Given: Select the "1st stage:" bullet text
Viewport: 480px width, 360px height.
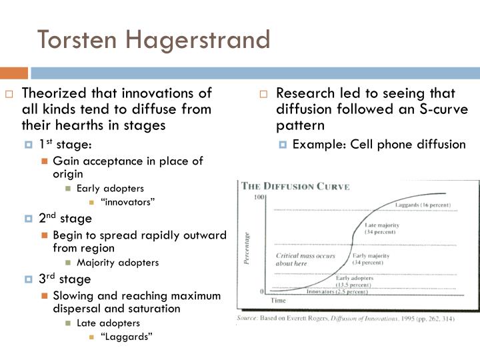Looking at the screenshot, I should point(65,145).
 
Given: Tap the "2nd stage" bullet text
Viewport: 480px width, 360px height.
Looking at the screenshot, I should point(65,218).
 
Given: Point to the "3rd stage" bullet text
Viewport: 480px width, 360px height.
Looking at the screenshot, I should point(65,278).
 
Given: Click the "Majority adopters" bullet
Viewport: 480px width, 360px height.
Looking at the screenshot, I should point(117,262).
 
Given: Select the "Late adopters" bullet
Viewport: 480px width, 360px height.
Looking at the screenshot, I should point(109,323).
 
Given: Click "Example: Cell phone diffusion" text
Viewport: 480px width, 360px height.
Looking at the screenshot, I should point(379,144).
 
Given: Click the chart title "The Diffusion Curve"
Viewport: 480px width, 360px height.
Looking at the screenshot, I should point(295,186).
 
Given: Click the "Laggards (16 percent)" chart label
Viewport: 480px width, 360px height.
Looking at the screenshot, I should point(422,204).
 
